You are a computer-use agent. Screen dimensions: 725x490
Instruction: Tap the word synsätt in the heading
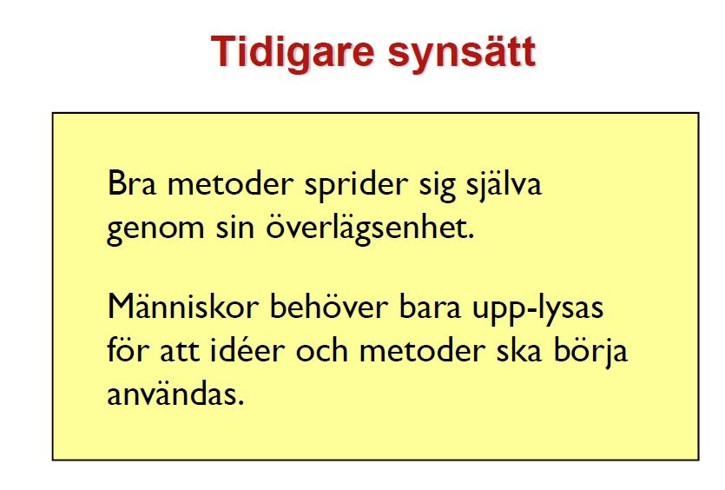pos(461,55)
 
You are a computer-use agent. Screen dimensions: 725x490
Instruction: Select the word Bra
pos(132,183)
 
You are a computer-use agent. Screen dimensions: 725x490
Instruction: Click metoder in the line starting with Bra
pos(230,183)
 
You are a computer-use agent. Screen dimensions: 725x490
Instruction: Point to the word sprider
pos(356,186)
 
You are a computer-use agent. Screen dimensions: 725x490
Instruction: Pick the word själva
pos(504,186)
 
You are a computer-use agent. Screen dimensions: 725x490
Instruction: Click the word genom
pos(155,230)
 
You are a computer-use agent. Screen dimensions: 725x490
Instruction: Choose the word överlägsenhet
pos(370,228)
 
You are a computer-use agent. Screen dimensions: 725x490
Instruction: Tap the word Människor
pos(182,305)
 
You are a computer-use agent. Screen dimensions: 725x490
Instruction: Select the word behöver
pos(328,305)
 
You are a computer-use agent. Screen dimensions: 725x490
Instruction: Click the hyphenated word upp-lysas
pos(537,308)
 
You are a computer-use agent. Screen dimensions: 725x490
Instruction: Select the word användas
pos(175,394)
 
